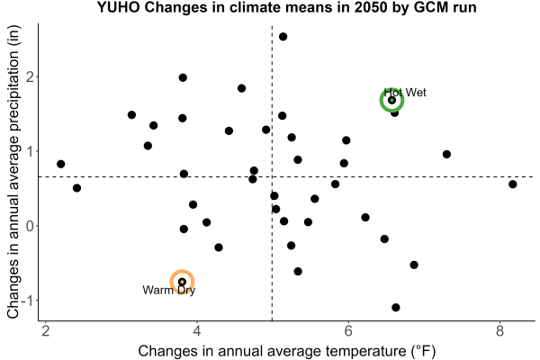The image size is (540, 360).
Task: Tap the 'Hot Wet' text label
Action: coord(405,93)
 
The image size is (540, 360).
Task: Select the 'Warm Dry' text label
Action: coord(169,290)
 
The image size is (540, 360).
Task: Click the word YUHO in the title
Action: coord(118,7)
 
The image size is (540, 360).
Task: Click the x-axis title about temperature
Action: coord(287,351)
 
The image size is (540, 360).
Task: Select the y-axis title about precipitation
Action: coord(13,172)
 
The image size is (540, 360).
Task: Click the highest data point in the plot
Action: coord(283,37)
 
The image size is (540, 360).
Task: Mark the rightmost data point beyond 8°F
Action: coord(513,184)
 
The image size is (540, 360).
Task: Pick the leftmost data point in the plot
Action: coord(61,164)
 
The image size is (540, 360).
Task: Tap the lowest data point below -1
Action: coord(396,307)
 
